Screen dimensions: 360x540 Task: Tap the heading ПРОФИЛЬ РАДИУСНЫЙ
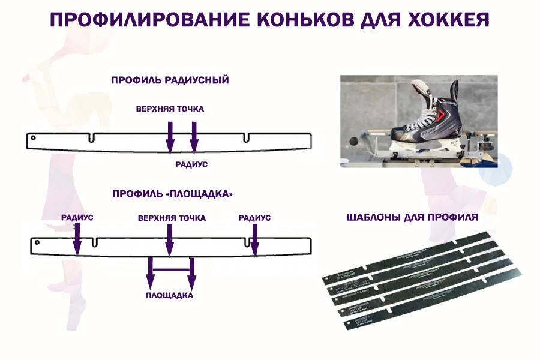(170, 80)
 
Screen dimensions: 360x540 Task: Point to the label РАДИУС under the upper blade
(191, 163)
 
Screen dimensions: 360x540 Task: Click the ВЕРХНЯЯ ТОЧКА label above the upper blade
(169, 109)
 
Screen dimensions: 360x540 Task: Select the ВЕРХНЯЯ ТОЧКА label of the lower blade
(172, 218)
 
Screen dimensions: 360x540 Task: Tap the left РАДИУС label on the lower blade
(77, 218)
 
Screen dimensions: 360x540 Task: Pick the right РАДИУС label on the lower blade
(254, 218)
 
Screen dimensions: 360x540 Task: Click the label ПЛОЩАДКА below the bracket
(170, 296)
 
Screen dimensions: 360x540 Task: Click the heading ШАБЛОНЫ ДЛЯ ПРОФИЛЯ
(412, 217)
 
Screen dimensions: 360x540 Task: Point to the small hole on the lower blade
(37, 243)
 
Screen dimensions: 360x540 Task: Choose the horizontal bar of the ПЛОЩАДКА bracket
(171, 259)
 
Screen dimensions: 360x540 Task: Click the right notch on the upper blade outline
(246, 139)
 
